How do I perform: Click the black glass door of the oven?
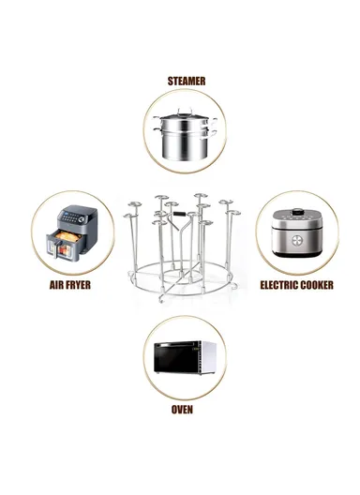pos(175,358)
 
